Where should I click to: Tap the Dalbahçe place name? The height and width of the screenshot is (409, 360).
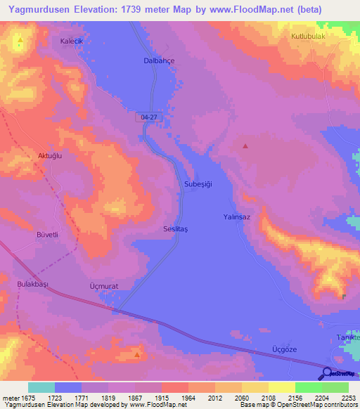(x=155, y=61)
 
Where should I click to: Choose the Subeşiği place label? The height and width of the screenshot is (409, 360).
(x=198, y=184)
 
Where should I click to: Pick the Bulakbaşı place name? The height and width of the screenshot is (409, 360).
(x=31, y=284)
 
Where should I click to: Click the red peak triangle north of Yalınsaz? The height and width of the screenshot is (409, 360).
(x=245, y=146)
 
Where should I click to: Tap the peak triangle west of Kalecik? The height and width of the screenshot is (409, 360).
(x=20, y=40)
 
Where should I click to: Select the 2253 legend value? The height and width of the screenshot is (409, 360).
(x=340, y=397)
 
